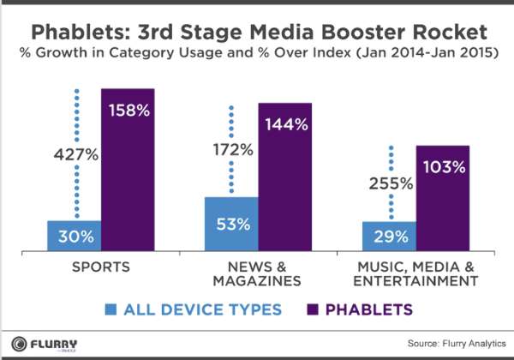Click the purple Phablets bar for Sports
click(x=128, y=170)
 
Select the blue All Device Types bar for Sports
click(x=75, y=236)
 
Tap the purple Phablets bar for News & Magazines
click(x=285, y=177)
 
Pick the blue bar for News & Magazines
click(x=232, y=225)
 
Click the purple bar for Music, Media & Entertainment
click(x=443, y=198)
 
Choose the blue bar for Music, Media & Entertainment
click(x=390, y=237)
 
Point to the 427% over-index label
click(x=76, y=154)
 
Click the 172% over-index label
click(x=233, y=150)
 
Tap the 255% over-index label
click(x=391, y=183)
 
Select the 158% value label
click(x=129, y=111)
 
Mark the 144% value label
click(x=286, y=124)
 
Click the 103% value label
click(x=444, y=167)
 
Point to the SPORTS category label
click(x=101, y=267)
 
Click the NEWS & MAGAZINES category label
click(x=257, y=273)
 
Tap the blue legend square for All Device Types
click(x=111, y=309)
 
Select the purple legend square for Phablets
click(x=313, y=309)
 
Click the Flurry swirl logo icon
click(x=19, y=345)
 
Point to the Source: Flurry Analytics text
click(x=457, y=343)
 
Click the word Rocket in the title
click(x=450, y=32)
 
